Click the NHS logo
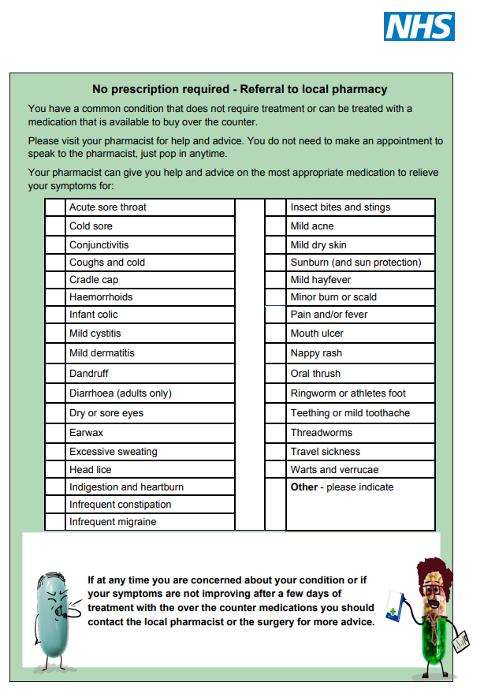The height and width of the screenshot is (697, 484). [419, 26]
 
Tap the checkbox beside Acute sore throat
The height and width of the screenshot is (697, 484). [55, 207]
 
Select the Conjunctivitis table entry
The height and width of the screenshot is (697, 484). [99, 245]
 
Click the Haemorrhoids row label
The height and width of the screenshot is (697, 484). [101, 297]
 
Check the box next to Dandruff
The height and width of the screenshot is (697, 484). [55, 374]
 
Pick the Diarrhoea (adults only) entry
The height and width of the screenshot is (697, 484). [120, 393]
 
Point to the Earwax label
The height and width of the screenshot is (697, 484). [86, 433]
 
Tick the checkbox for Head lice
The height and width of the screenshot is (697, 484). [55, 470]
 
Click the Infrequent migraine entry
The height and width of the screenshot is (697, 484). [113, 522]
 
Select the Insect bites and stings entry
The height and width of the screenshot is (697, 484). [340, 207]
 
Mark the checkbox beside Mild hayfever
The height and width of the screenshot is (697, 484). [275, 280]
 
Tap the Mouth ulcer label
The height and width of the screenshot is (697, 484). [317, 334]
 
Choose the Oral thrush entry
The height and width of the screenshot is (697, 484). [315, 374]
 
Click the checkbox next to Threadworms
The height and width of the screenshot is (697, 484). [275, 433]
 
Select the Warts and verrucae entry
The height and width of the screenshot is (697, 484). [334, 470]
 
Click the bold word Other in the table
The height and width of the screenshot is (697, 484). [303, 487]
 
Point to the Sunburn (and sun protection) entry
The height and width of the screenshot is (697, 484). [356, 263]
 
